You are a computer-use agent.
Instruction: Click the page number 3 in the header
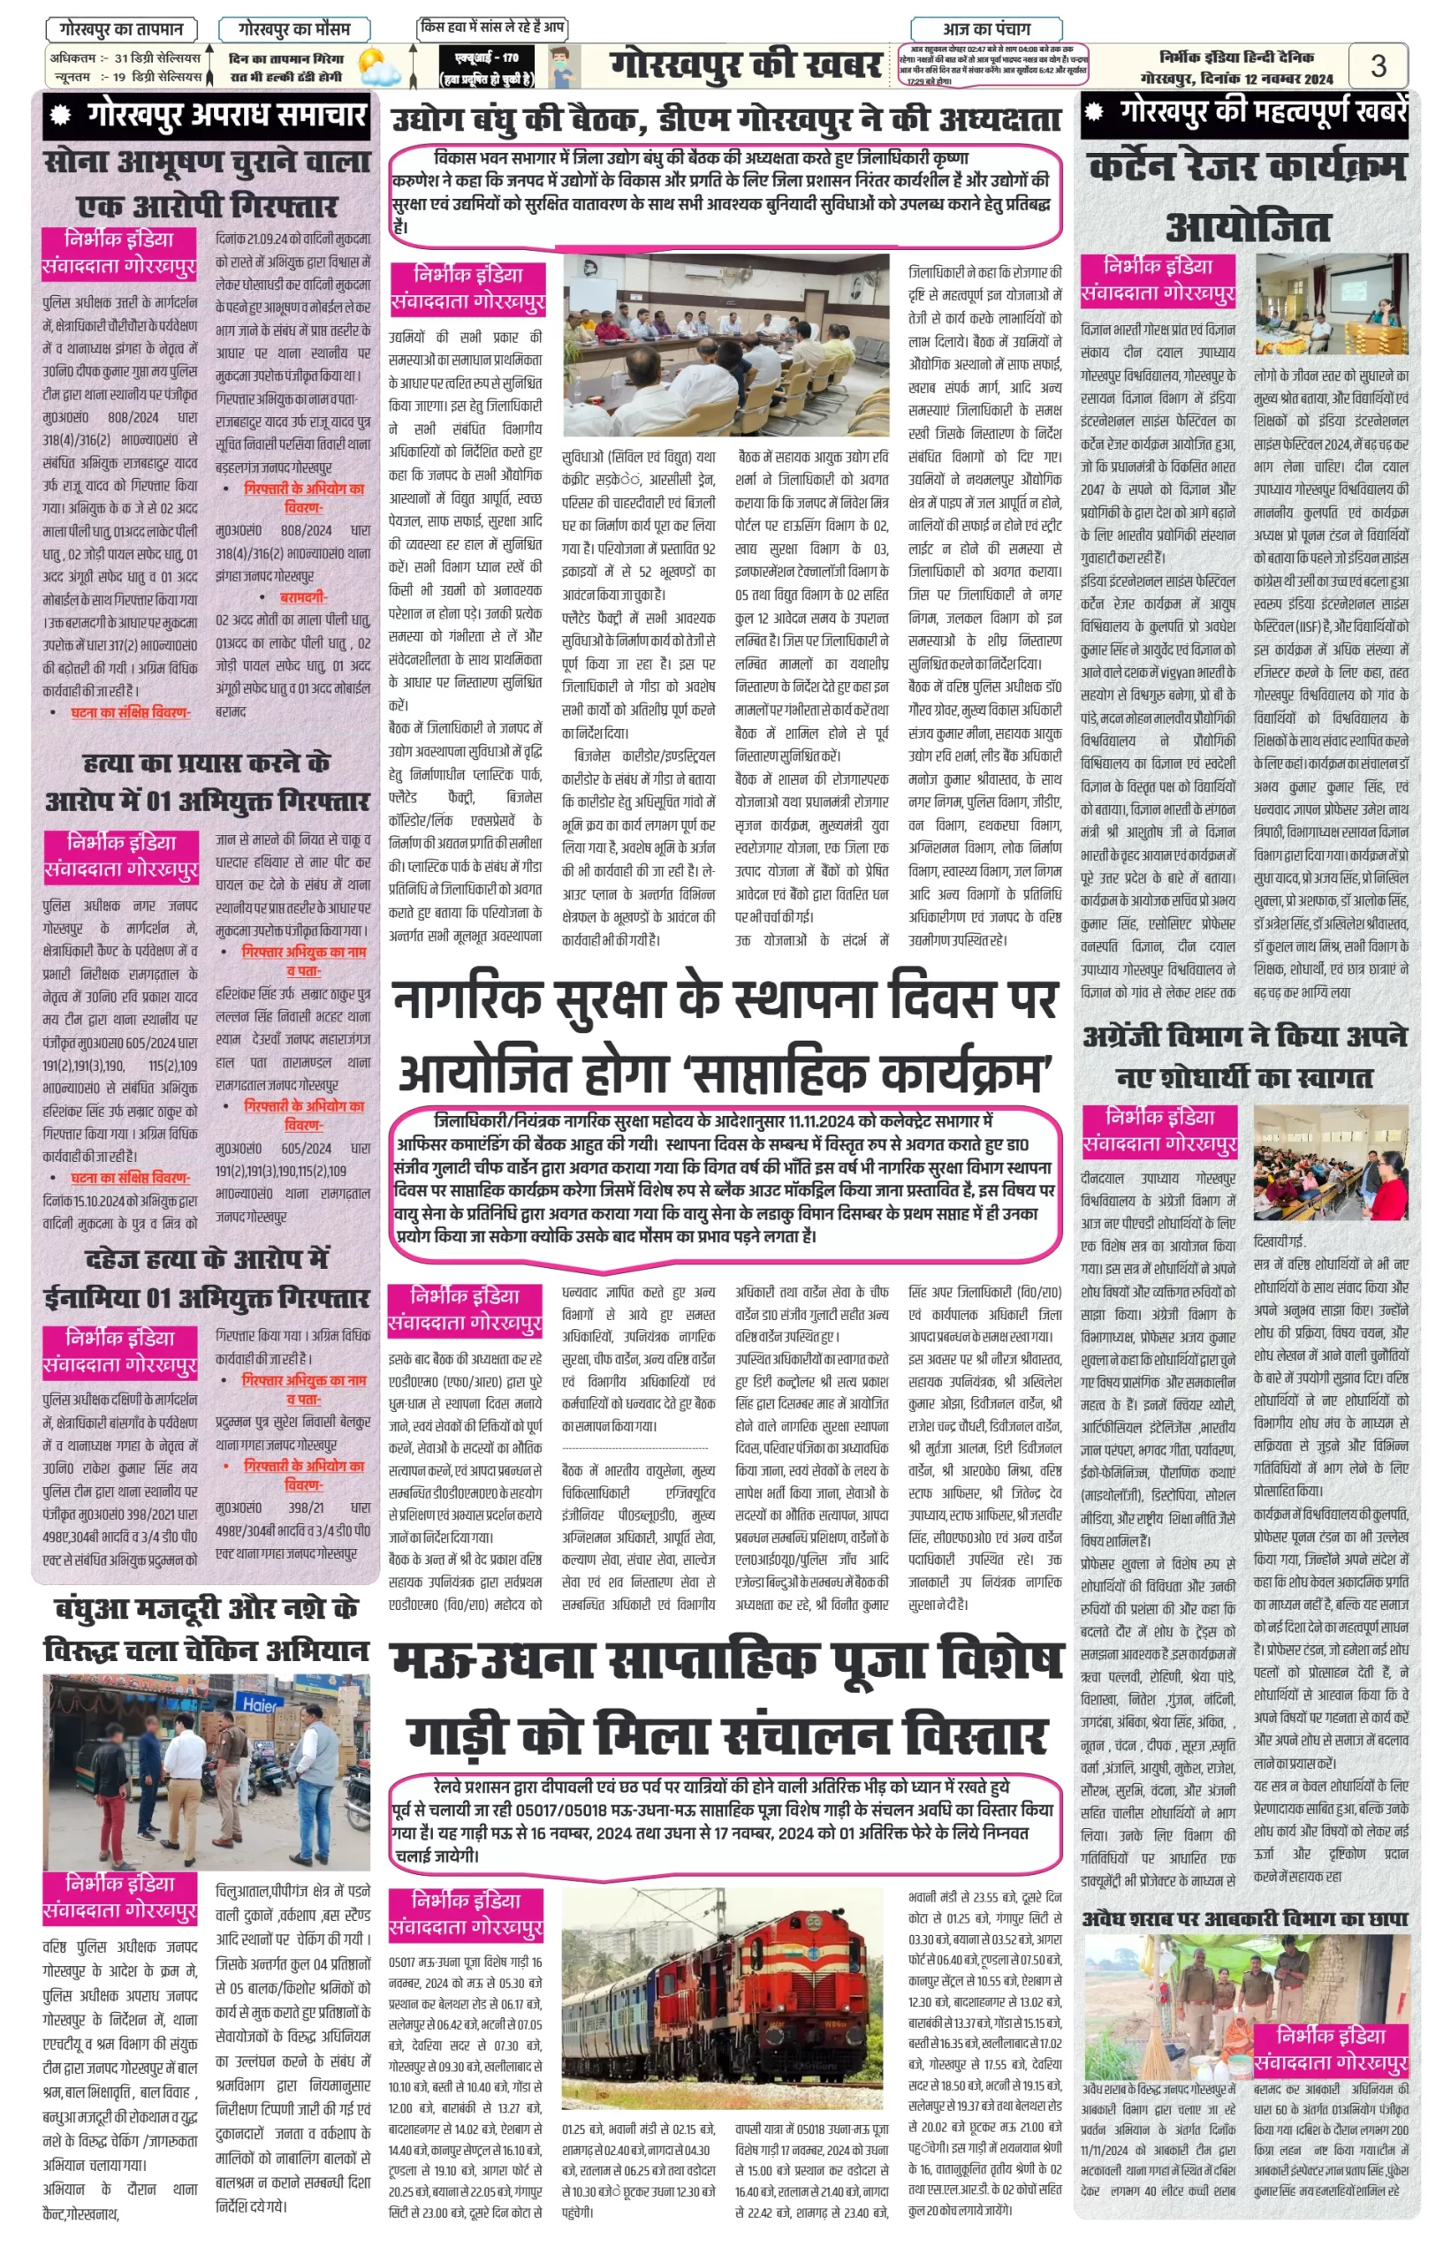(x=1378, y=65)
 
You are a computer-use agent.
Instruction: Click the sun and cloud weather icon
(x=379, y=67)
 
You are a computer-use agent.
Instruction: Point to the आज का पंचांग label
(x=986, y=29)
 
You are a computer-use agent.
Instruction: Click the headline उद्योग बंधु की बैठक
(x=725, y=119)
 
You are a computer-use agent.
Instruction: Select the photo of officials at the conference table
(x=725, y=344)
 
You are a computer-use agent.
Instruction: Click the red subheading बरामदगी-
(x=303, y=597)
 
